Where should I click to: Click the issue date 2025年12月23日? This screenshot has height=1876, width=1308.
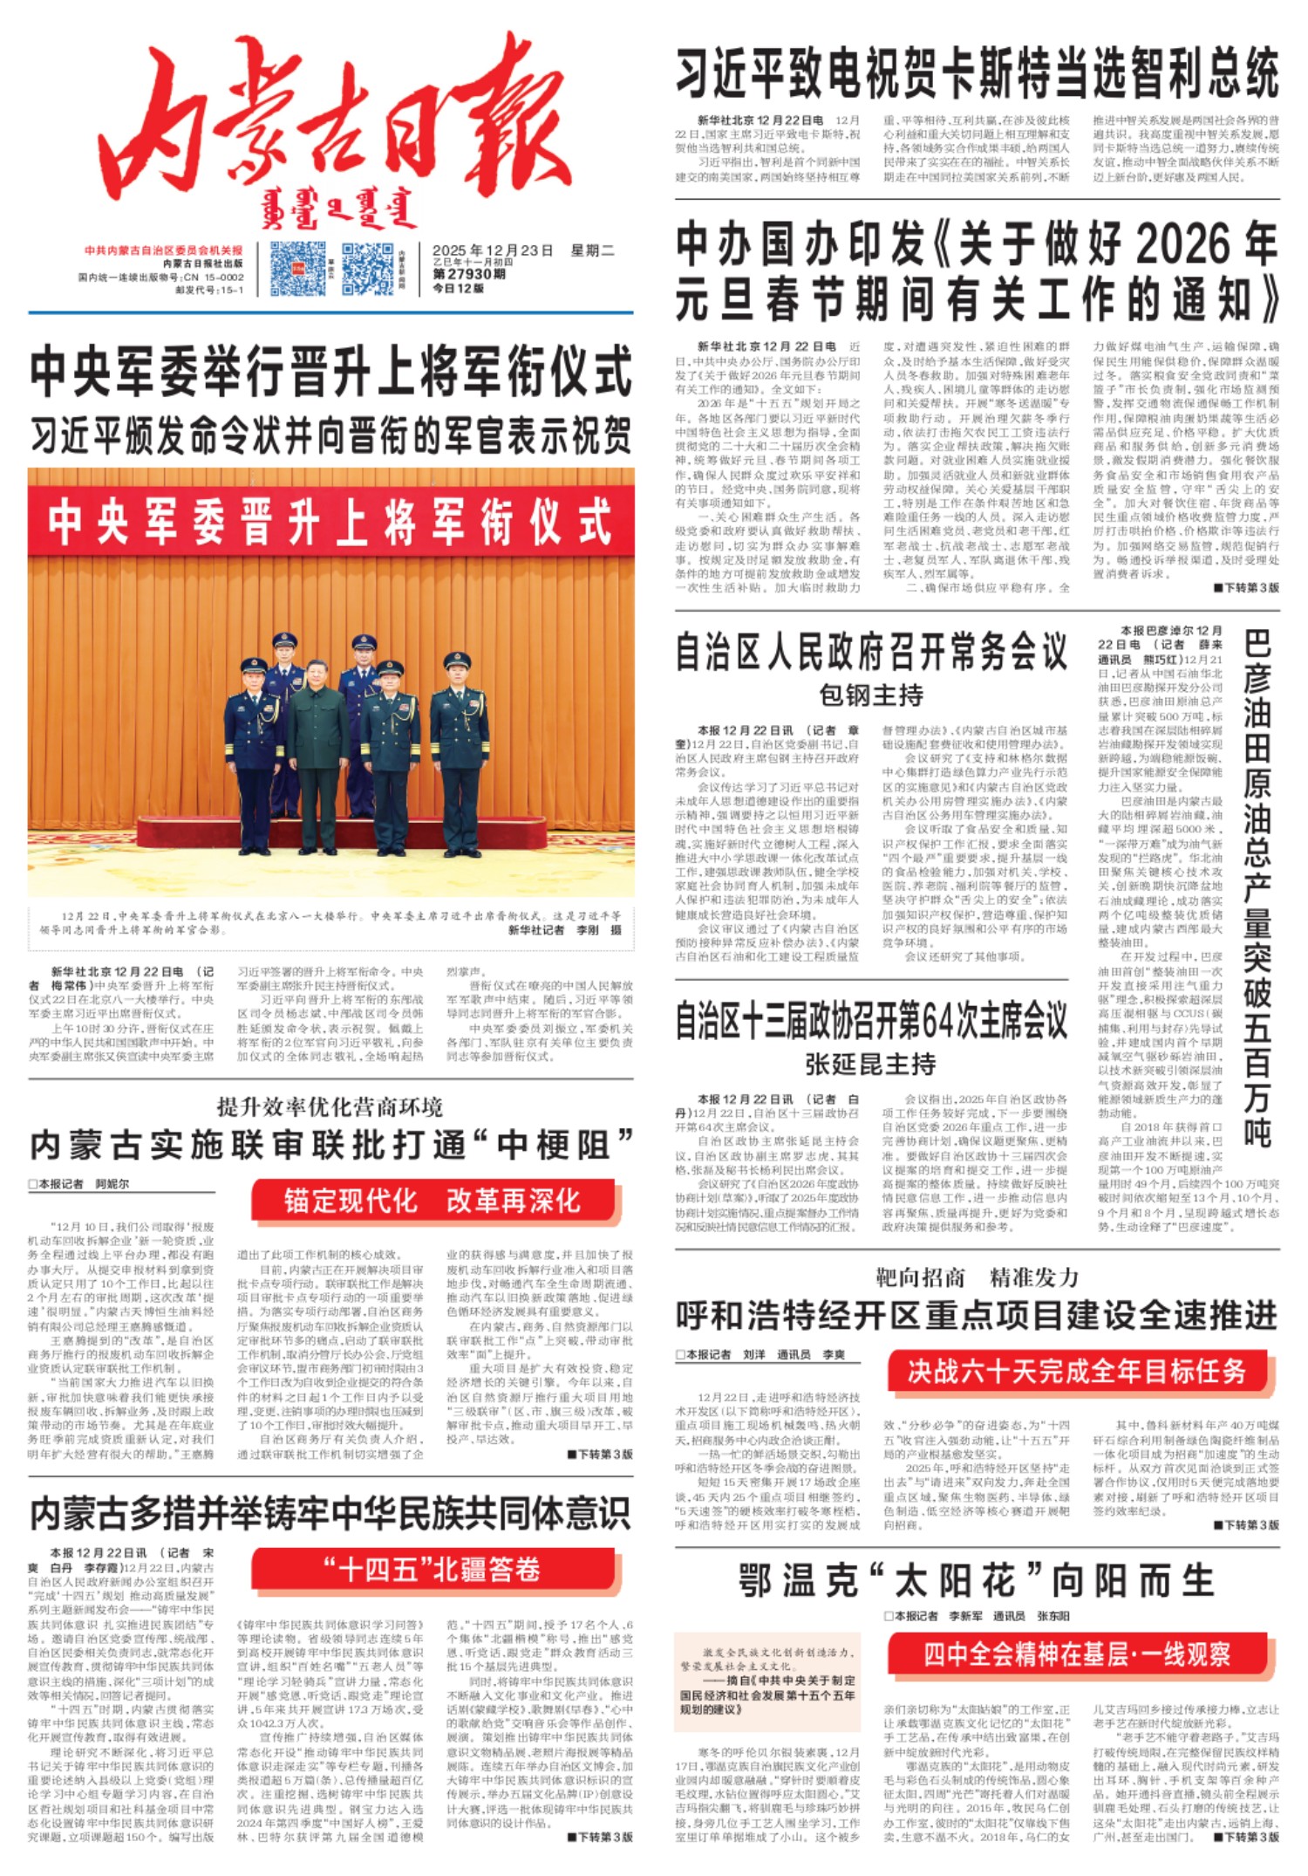(493, 251)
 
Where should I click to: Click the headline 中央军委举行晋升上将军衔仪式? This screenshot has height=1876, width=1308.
(330, 371)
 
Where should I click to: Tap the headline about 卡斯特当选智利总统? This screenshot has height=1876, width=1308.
(977, 74)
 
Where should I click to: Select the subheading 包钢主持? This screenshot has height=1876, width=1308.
(871, 695)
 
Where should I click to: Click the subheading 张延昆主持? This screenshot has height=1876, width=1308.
(870, 1065)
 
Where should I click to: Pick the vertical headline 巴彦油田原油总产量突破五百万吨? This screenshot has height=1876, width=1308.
(1257, 886)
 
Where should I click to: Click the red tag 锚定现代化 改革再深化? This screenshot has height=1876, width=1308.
(433, 1201)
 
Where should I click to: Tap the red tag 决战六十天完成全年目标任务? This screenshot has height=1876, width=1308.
(1077, 1372)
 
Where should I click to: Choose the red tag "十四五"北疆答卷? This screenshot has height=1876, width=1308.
(433, 1570)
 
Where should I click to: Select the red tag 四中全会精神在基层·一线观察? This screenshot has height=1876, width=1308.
(1078, 1653)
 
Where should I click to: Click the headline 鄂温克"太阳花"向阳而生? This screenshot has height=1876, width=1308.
(977, 1580)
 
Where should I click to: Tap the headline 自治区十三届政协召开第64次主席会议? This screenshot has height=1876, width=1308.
(871, 1020)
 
